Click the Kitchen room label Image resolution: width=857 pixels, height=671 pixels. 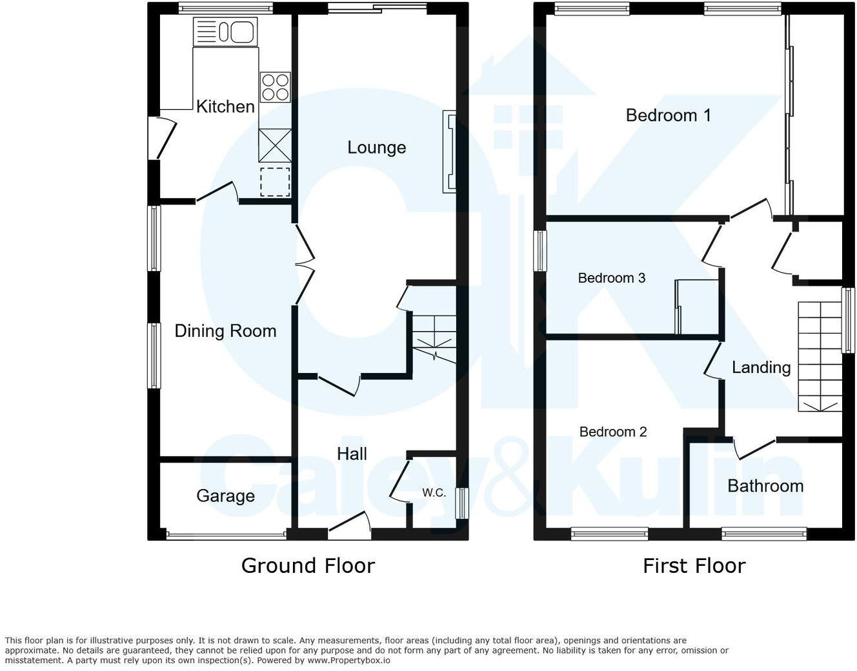point(225,106)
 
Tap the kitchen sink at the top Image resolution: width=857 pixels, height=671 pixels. point(225,32)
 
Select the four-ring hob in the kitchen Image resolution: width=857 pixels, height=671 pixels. point(276,87)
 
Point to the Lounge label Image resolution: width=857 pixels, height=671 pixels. point(376,147)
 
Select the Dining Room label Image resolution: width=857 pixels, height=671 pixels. point(225,331)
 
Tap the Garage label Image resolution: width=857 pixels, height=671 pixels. point(225,496)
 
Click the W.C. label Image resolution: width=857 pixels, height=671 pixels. point(434,493)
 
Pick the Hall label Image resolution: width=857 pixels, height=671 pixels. point(352,454)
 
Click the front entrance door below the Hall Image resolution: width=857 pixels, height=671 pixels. point(349,526)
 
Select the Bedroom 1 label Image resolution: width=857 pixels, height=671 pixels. point(668,115)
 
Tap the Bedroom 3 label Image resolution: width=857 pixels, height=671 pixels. point(611,278)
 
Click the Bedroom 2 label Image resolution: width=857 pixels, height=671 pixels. point(612,432)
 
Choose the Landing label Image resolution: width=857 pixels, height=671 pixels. point(761,367)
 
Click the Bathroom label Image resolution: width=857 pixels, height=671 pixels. point(765,486)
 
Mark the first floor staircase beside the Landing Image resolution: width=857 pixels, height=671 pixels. point(820,356)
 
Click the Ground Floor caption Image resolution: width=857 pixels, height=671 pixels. point(308,566)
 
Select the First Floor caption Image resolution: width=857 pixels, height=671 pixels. point(694,566)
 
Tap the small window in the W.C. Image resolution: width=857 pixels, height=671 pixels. point(462,503)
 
